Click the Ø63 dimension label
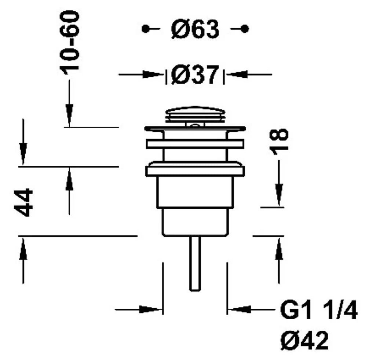pyautogui.click(x=195, y=29)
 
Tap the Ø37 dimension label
pyautogui.click(x=195, y=75)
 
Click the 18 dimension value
pyautogui.click(x=279, y=142)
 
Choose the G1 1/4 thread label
pyautogui.click(x=319, y=310)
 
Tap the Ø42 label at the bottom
pyautogui.click(x=304, y=340)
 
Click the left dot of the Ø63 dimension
pyautogui.click(x=146, y=29)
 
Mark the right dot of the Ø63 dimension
pyautogui.click(x=245, y=29)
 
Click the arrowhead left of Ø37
pyautogui.click(x=153, y=75)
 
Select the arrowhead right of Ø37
pyautogui.click(x=237, y=75)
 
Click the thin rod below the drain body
pyautogui.click(x=195, y=264)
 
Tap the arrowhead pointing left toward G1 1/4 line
pyautogui.click(x=238, y=310)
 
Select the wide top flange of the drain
pyautogui.click(x=195, y=128)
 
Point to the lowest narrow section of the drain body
pyautogui.click(x=195, y=222)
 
